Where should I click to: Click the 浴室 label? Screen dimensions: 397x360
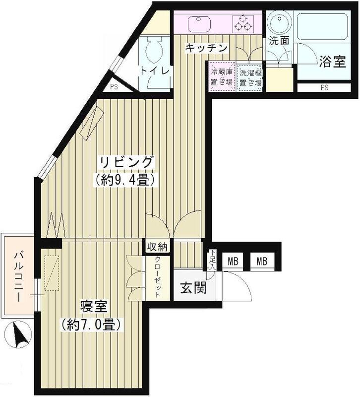pyautogui.click(x=331, y=62)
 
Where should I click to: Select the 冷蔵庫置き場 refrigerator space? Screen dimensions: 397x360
pyautogui.click(x=221, y=76)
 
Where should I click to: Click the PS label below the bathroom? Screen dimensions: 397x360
pyautogui.click(x=324, y=88)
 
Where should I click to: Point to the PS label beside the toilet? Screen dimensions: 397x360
pyautogui.click(x=114, y=87)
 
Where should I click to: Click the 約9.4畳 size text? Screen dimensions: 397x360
pyautogui.click(x=126, y=179)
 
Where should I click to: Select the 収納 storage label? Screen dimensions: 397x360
pyautogui.click(x=158, y=246)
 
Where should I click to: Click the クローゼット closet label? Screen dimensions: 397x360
pyautogui.click(x=158, y=278)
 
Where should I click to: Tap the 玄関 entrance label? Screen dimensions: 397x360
pyautogui.click(x=193, y=287)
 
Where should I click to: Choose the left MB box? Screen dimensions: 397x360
pyautogui.click(x=232, y=262)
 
